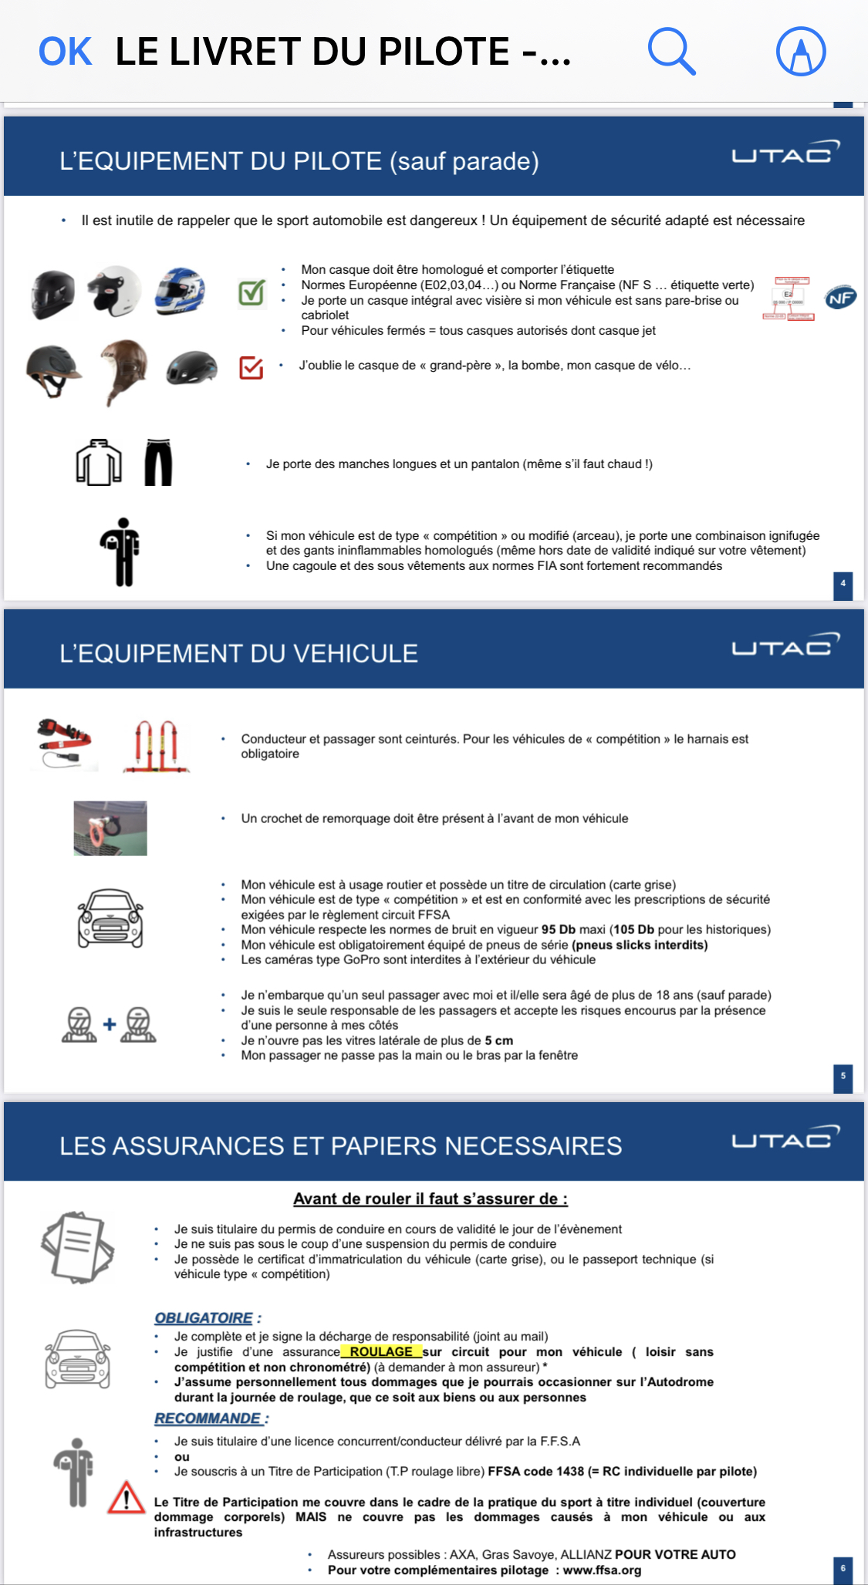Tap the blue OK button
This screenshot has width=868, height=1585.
click(x=66, y=52)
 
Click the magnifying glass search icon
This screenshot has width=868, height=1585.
click(x=671, y=52)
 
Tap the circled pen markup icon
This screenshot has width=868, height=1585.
click(x=801, y=52)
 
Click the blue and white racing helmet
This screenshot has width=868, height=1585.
click(x=180, y=292)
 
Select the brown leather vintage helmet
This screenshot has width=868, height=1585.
click(x=123, y=370)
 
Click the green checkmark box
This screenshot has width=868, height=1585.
click(x=252, y=293)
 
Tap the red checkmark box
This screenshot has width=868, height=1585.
click(x=252, y=368)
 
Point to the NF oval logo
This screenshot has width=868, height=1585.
click(x=840, y=298)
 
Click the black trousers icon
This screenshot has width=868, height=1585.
click(x=158, y=462)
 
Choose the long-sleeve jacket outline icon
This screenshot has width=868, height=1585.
click(x=99, y=462)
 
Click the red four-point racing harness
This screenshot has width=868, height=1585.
click(x=157, y=746)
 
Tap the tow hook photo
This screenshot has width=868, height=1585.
click(x=110, y=828)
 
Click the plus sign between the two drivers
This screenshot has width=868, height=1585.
click(x=110, y=1024)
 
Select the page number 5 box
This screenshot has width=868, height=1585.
click(x=843, y=1077)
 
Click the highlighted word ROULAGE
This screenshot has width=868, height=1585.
click(x=381, y=1351)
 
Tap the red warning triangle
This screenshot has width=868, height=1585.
click(x=126, y=1498)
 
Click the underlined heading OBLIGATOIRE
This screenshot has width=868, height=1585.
click(x=204, y=1318)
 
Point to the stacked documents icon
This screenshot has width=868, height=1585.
click(x=77, y=1246)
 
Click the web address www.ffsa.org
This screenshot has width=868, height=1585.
click(x=602, y=1570)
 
